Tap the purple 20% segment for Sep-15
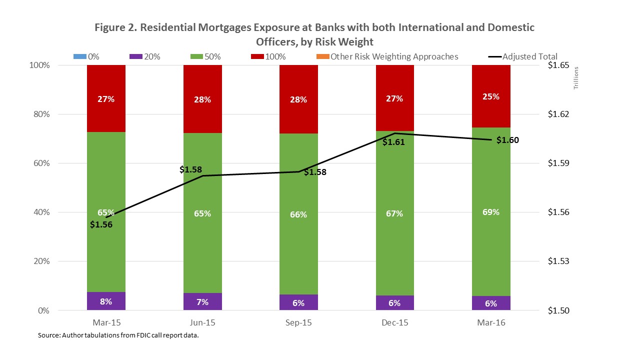coord(298,302)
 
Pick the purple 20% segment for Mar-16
coord(491,303)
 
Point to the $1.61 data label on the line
coord(393,142)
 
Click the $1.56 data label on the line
coord(101,224)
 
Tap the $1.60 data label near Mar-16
coord(507,140)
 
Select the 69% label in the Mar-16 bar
coord(491,212)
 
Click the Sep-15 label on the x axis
coord(298,322)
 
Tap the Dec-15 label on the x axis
coord(394,322)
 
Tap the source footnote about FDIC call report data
coord(118,335)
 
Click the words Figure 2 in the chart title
coord(114,27)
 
